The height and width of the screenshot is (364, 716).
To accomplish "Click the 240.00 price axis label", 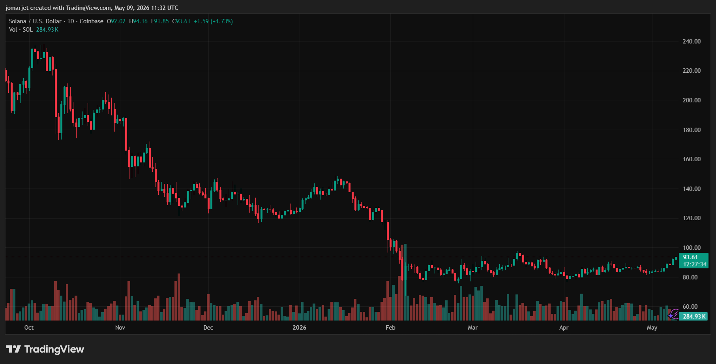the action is [x=692, y=41].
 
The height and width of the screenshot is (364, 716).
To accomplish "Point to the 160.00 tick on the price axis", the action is [x=692, y=159].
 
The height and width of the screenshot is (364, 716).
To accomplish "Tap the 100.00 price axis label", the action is [x=692, y=248].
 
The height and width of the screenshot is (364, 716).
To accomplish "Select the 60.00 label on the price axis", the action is [x=690, y=307].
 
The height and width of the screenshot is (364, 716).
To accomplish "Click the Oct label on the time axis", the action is [x=29, y=328].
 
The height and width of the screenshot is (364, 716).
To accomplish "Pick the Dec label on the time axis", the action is [x=208, y=328].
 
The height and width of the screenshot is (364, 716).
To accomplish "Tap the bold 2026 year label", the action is [x=299, y=328].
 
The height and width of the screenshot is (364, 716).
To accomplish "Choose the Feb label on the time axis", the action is [x=390, y=328].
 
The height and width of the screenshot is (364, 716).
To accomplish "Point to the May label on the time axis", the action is [x=652, y=328].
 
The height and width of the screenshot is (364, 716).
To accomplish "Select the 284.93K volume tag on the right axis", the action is [x=694, y=317].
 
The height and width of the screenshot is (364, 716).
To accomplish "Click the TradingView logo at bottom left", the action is [x=45, y=349].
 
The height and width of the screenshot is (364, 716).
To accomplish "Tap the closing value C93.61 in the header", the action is [x=181, y=21].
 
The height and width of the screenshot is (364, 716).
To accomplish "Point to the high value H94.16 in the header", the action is [x=138, y=21].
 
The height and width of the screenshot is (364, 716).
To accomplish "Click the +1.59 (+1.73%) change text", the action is [x=213, y=21].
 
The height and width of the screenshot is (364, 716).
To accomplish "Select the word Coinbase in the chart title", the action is [x=92, y=21].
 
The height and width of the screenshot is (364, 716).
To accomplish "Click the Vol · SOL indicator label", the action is [x=21, y=30].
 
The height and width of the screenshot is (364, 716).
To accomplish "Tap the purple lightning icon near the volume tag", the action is [x=673, y=315].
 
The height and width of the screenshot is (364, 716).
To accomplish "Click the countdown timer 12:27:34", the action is [x=695, y=264].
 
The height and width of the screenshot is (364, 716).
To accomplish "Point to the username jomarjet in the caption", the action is [x=17, y=8].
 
